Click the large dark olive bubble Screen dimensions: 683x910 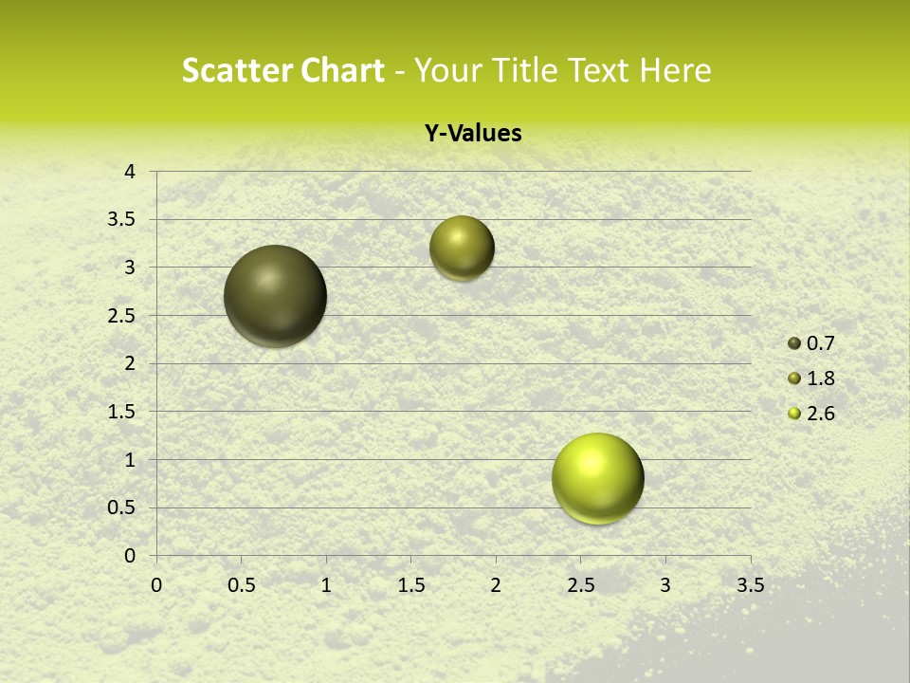276,296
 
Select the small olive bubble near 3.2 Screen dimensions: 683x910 462,248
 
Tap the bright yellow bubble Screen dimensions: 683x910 597,478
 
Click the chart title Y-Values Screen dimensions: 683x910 473,134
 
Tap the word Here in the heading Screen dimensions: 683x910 674,70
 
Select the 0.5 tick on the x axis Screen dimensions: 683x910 242,585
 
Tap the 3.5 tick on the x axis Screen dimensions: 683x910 751,585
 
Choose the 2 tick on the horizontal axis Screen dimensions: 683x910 496,585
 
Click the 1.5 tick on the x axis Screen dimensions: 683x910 411,585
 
